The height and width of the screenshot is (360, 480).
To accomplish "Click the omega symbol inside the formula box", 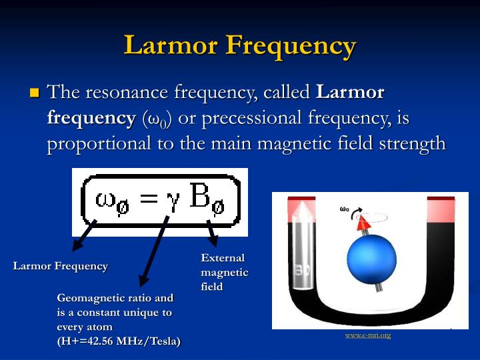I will click(107, 201).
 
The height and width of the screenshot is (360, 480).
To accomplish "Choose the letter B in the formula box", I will click(201, 198).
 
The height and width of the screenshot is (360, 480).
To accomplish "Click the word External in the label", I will click(223, 258).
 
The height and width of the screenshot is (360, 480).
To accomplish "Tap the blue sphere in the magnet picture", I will click(371, 259).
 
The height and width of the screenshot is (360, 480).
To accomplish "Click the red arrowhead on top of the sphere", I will click(365, 224).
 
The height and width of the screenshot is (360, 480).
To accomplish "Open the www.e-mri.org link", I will click(367, 335).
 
